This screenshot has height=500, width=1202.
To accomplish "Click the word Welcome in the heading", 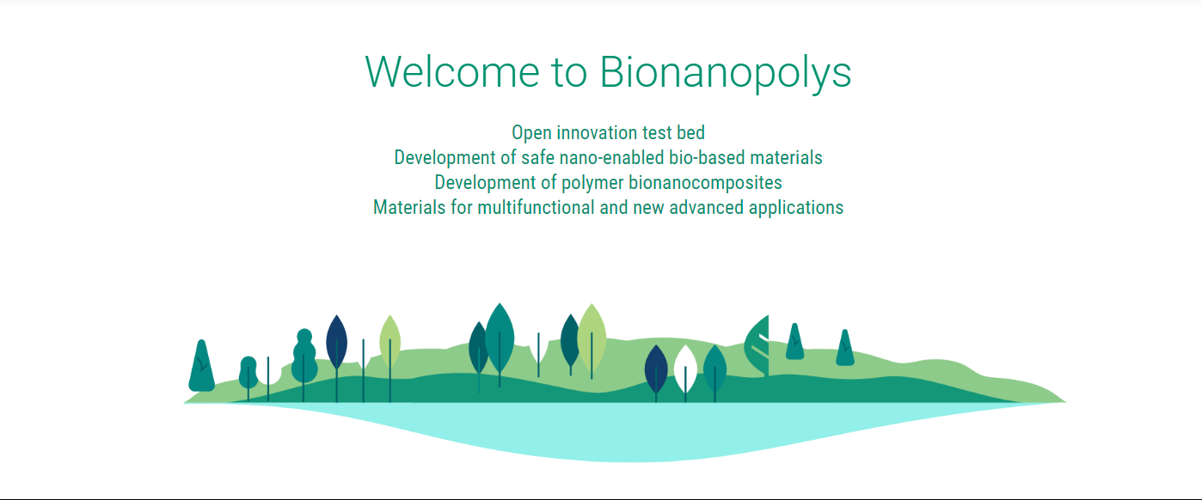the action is [452, 71].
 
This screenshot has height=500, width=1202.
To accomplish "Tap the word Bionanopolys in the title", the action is [726, 74].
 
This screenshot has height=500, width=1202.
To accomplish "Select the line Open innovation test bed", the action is [608, 132].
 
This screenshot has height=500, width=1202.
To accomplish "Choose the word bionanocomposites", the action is [705, 183].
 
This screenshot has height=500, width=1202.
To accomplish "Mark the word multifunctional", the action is [536, 207].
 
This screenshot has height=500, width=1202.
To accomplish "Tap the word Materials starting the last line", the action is [409, 207].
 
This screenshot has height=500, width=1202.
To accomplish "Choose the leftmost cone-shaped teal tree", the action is [201, 366].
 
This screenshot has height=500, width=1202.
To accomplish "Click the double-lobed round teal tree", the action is [304, 358].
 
